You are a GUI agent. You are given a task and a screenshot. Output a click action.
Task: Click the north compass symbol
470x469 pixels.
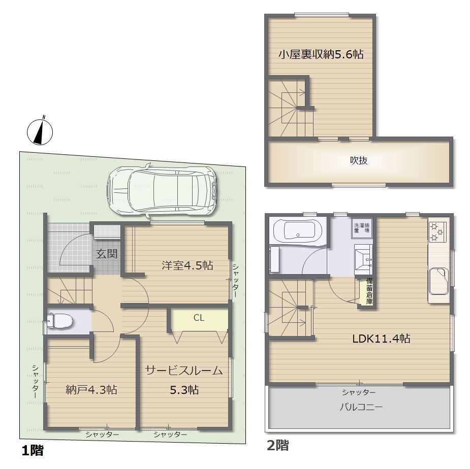pos(40,131)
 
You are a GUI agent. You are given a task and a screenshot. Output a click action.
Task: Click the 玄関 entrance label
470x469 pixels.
pos(107,254)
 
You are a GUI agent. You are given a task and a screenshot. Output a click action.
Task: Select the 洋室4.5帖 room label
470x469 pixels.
pos(187,265)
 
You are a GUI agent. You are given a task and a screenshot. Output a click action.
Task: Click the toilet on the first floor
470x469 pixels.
pos(59,321)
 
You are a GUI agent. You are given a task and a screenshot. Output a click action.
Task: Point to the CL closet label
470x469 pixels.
pos(199,317)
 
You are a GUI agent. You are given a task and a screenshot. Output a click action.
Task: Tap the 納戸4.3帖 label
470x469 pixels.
pos(91,390)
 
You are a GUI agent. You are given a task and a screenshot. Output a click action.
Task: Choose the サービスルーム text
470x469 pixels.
pos(184,371)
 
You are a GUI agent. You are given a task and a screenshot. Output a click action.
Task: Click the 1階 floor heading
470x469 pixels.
pos(33,450)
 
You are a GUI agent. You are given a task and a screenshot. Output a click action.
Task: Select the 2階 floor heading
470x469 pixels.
pos(278,445)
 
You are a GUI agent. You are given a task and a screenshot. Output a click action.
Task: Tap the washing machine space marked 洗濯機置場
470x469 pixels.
pos(362,228)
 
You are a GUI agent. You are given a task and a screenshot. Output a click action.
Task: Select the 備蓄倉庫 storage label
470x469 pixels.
pos(369,291)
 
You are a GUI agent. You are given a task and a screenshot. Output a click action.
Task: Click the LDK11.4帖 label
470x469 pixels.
pos(381,339)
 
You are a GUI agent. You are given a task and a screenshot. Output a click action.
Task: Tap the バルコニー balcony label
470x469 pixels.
pos(361,407)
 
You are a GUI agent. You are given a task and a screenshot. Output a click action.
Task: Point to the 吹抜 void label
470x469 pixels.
pos(359,160)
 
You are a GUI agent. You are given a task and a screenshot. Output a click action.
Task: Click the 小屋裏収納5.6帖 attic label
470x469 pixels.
pos(321,54)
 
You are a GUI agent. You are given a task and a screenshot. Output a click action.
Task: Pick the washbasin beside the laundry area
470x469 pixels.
pos(364,259)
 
